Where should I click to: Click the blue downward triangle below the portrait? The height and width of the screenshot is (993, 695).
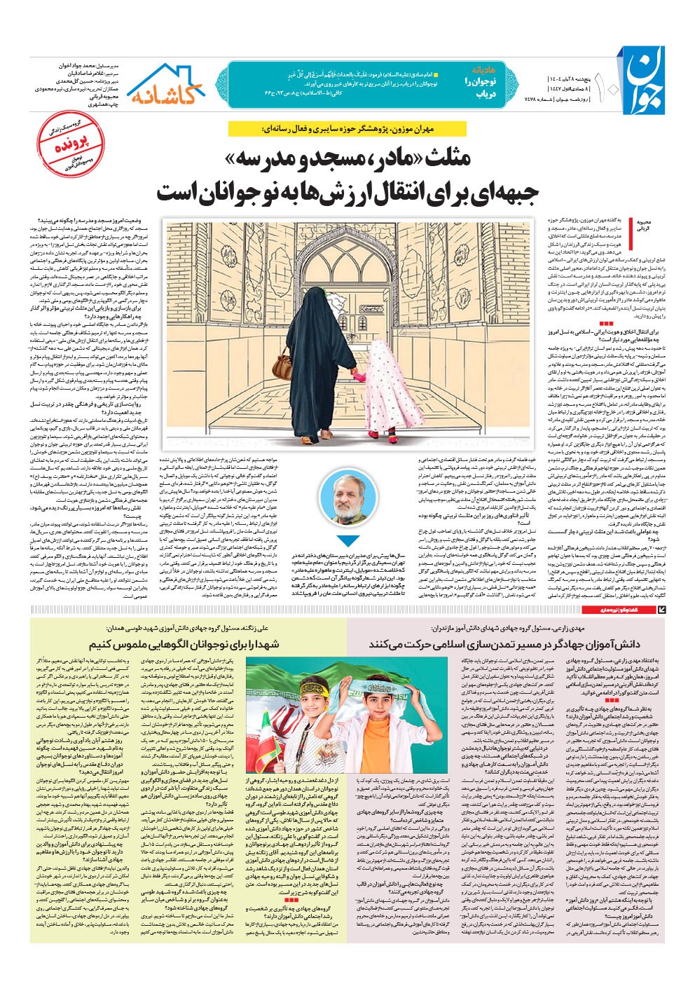click(x=347, y=541)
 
